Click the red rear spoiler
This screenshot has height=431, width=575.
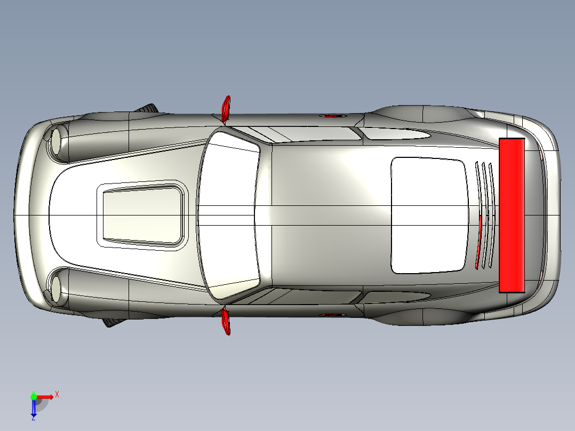coord(512,215)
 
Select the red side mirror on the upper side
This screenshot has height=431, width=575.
coord(226,109)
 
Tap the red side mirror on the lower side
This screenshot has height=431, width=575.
coord(226,322)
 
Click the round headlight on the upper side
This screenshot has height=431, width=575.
coord(56,141)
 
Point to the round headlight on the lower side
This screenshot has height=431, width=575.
coord(55,289)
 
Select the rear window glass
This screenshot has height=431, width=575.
coord(429,215)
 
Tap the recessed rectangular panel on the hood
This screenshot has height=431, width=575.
coord(143,215)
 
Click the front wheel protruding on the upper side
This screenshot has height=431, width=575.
coord(147,109)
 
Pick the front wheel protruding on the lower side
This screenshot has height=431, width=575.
coord(114,322)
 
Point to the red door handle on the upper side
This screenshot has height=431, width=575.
coord(333,116)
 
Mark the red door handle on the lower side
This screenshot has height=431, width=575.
coord(333,315)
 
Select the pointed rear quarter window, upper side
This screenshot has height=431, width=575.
coord(394,133)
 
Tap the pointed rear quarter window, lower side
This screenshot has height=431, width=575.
coord(394,297)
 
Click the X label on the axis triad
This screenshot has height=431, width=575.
coord(57,395)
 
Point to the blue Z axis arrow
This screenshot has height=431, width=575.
coord(34,408)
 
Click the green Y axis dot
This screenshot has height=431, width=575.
coord(34,397)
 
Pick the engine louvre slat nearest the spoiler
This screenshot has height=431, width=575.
coord(492,215)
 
